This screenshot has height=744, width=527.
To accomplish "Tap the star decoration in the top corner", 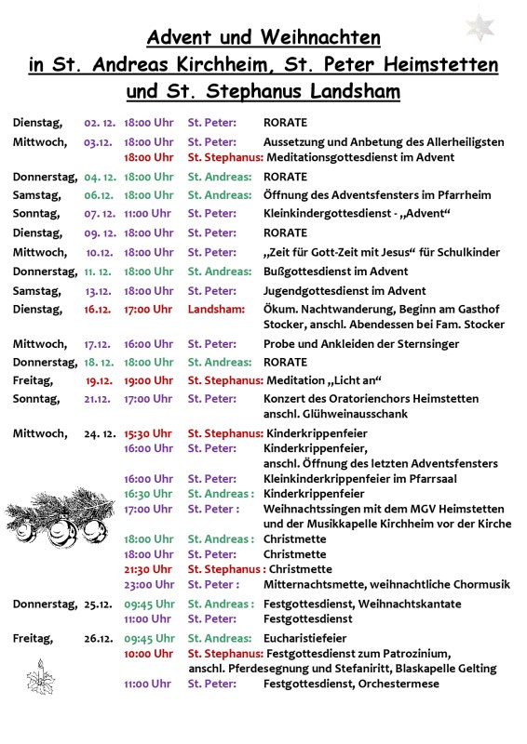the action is (480, 24).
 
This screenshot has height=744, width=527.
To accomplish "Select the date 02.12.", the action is (99, 122).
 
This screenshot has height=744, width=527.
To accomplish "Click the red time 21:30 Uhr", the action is (149, 569).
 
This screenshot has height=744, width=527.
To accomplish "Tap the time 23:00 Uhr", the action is (149, 584).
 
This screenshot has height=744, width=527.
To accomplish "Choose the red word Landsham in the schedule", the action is (216, 309).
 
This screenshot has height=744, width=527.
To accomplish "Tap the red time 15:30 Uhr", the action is (149, 432).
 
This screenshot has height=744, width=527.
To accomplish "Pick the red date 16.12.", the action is (98, 309).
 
